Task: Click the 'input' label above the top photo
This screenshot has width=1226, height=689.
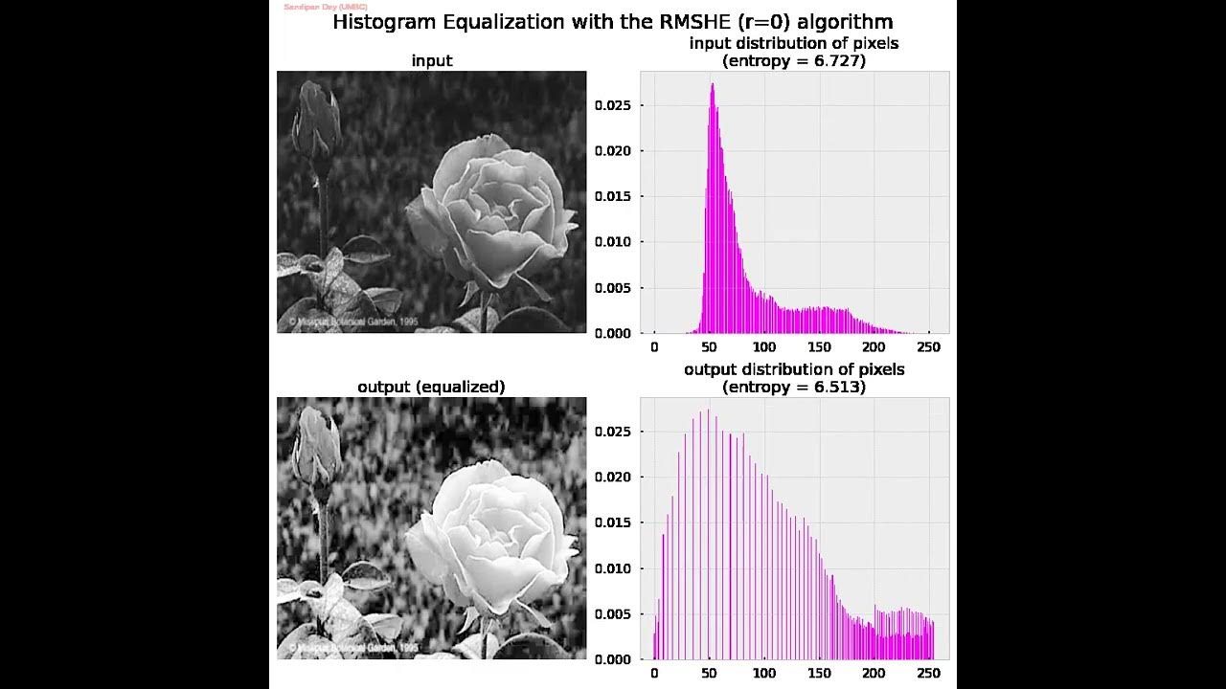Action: [x=432, y=60]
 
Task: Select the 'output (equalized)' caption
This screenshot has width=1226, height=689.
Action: [x=431, y=387]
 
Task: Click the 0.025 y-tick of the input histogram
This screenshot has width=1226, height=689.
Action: [x=612, y=105]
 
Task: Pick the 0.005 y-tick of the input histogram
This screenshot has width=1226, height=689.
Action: [x=612, y=288]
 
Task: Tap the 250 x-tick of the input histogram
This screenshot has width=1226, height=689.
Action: [x=928, y=346]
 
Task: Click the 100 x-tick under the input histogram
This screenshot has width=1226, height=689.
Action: [x=764, y=346]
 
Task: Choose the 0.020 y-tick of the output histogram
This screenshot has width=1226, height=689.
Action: [x=612, y=478]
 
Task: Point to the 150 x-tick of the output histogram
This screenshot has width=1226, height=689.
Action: [x=819, y=673]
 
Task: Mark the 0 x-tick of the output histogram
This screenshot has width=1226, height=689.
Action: [x=654, y=673]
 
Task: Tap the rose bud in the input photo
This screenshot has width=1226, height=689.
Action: [x=313, y=120]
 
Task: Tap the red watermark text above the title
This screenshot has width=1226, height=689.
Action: [x=326, y=7]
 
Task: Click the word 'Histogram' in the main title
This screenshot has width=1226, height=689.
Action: [x=377, y=22]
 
